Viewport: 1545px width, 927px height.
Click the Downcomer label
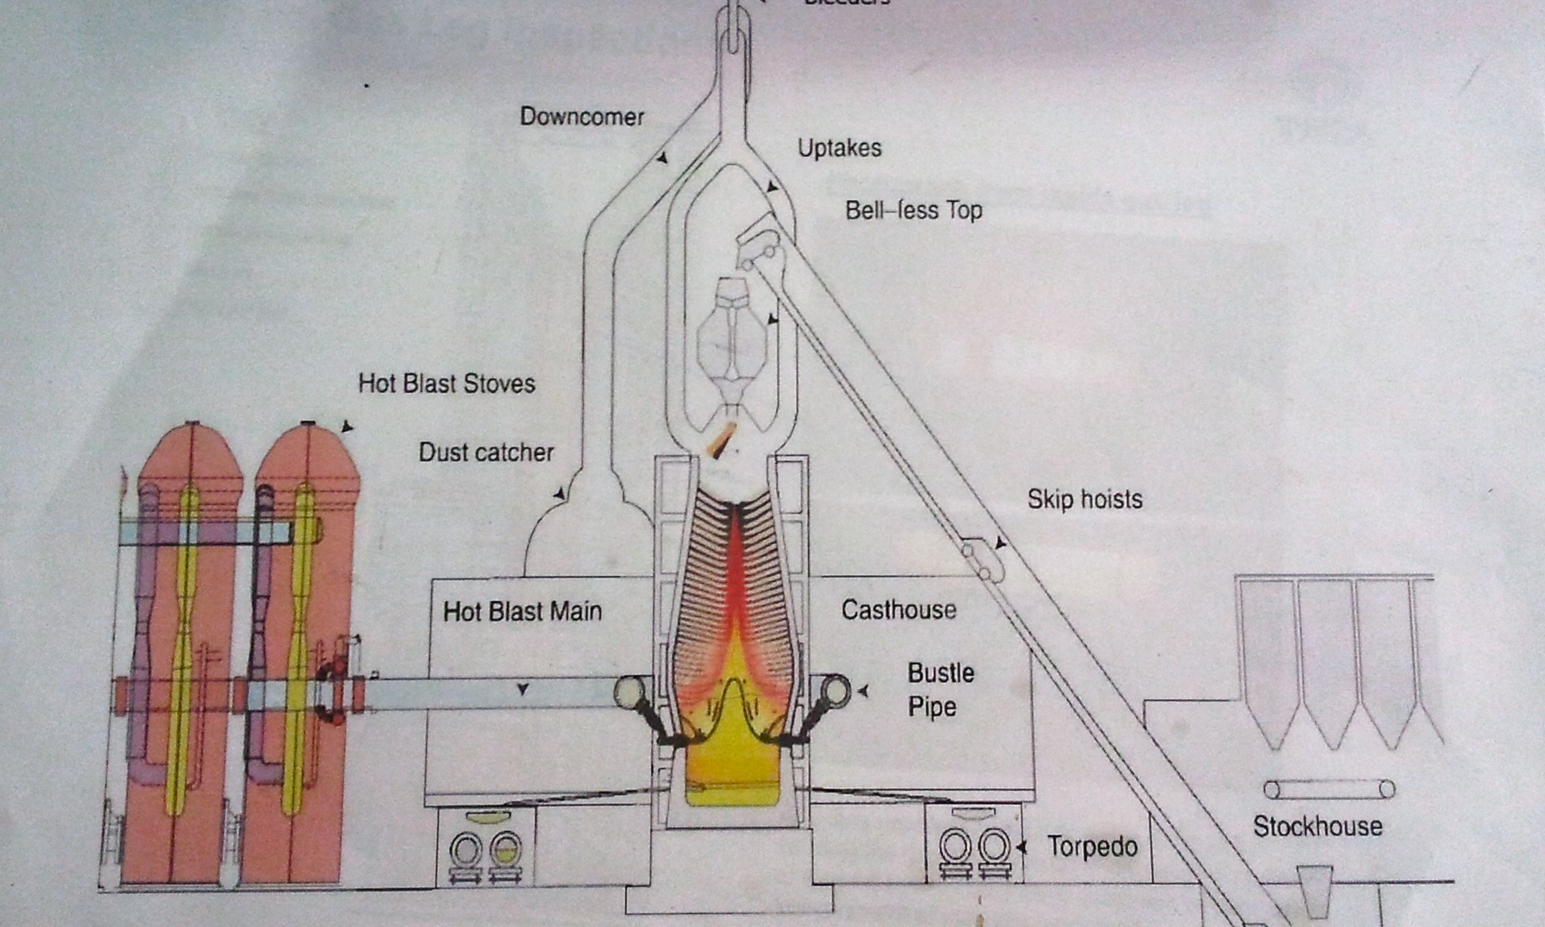[x=581, y=117]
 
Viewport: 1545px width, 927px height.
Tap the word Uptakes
[x=839, y=148]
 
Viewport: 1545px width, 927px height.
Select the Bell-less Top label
[x=913, y=211]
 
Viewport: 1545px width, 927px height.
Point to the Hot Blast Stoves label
[x=447, y=384]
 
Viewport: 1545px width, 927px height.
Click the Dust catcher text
[x=486, y=452]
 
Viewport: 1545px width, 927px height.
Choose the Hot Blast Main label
[x=522, y=611]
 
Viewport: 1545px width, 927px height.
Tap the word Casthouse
[x=899, y=610]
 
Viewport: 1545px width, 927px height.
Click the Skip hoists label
[x=1084, y=499]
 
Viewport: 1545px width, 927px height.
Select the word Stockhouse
[x=1318, y=826]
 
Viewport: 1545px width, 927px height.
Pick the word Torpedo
[x=1092, y=847]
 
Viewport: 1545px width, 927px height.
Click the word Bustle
[x=941, y=673]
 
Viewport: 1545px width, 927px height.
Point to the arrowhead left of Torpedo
[x=1021, y=848]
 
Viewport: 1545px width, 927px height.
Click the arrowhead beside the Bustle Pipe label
[x=864, y=690]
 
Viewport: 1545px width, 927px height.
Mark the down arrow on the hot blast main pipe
[x=523, y=689]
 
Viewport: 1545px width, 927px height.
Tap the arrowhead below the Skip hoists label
[x=1000, y=543]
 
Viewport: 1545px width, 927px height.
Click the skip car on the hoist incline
[x=980, y=561]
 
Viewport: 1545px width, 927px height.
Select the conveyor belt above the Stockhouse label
[x=1330, y=789]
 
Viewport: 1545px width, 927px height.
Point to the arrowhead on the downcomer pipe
[x=662, y=158]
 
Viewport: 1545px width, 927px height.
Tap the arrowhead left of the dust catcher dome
[x=559, y=494]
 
